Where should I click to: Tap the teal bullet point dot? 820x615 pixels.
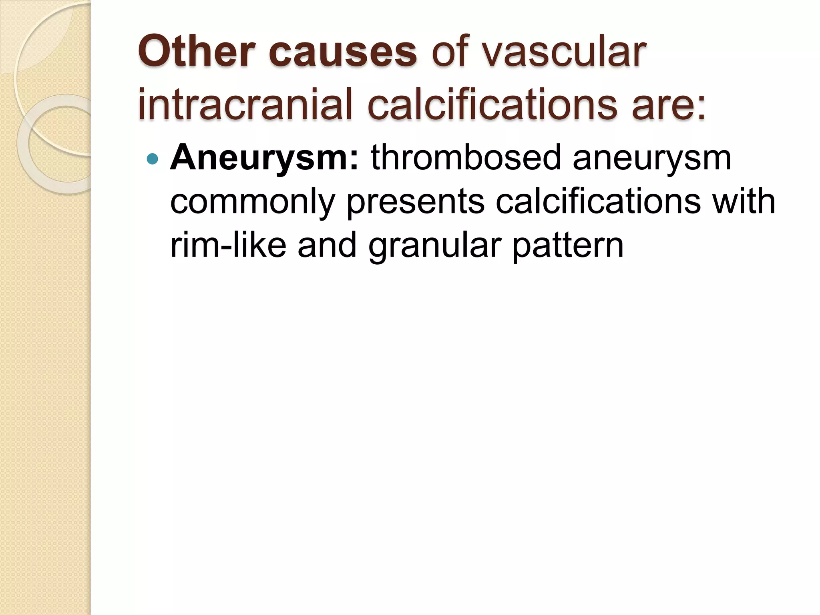point(153,159)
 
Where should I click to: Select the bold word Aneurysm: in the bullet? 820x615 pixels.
point(265,159)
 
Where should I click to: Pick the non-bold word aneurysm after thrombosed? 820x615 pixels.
point(652,159)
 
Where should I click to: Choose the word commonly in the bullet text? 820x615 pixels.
point(252,203)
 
